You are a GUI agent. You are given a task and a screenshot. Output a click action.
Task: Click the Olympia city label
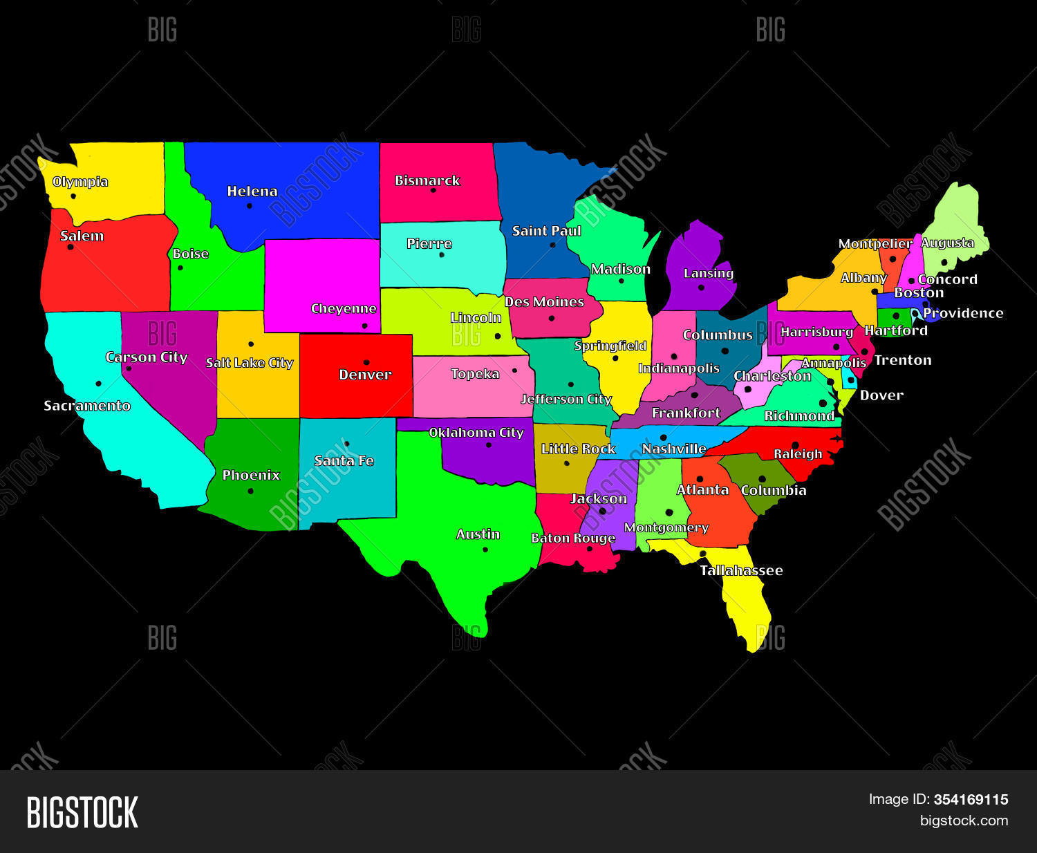point(80,182)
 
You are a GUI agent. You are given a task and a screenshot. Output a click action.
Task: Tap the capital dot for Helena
point(249,205)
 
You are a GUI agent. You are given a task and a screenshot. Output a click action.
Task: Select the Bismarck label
point(427,180)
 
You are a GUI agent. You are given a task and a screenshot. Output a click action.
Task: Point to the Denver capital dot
point(366,362)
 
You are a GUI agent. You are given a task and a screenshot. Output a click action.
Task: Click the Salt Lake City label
point(250,363)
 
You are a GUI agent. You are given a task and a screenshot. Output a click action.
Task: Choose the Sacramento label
point(87,406)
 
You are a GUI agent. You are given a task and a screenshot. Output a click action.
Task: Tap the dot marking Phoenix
point(250,491)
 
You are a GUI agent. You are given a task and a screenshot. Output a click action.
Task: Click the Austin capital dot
point(485,550)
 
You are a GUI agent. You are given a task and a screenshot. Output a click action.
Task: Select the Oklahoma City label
point(476,433)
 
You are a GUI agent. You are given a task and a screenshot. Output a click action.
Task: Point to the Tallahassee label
point(741,570)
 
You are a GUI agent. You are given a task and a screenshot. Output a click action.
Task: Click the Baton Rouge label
point(573,538)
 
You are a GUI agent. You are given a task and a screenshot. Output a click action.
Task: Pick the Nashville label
point(674,449)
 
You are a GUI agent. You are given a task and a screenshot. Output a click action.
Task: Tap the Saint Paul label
point(546,231)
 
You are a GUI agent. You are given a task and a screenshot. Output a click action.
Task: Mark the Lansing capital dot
point(701,288)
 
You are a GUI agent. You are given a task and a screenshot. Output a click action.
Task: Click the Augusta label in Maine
point(947,243)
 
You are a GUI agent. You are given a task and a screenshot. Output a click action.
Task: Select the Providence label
point(963,313)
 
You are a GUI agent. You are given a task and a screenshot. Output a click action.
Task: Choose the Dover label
point(881,395)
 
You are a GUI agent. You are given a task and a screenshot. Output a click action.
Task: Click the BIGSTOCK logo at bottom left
point(82,812)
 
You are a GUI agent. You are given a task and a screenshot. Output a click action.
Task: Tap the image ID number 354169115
point(971,800)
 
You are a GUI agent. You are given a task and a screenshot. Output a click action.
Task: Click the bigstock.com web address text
point(964,821)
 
